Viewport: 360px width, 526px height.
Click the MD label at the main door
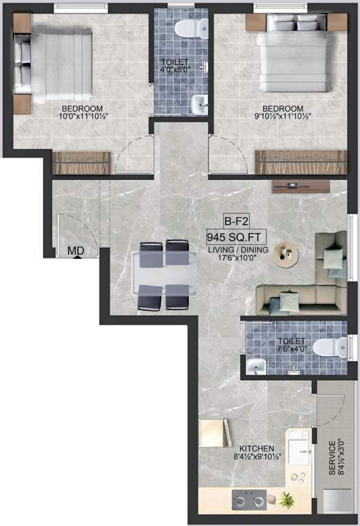[75, 251]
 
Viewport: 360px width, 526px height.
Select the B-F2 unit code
[235, 221]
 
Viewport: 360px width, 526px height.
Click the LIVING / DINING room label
[235, 251]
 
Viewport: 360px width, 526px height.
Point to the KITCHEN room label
[238, 449]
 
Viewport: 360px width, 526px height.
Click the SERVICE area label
[332, 458]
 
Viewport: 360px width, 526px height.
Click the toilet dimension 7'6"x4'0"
[292, 348]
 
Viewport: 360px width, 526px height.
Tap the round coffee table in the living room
[287, 254]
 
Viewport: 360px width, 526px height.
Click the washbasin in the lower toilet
[255, 367]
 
